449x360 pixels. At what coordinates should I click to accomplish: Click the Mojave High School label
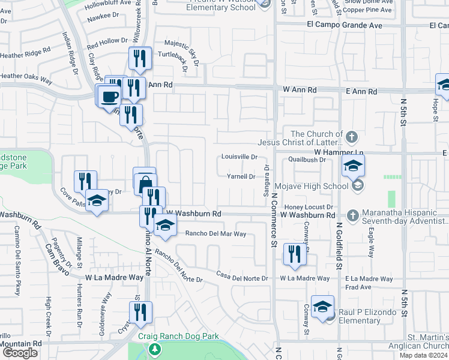(x=318, y=186)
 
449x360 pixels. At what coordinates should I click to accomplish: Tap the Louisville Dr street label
(x=239, y=157)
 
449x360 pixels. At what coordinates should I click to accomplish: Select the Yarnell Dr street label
(x=241, y=176)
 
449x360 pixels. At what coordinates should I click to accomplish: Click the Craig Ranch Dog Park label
(x=178, y=337)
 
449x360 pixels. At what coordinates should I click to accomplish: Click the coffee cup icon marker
(x=110, y=96)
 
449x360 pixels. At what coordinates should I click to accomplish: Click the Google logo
(x=20, y=353)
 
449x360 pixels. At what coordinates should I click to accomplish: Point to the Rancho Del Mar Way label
(x=215, y=234)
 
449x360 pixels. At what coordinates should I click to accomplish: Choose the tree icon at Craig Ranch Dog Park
(x=155, y=349)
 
